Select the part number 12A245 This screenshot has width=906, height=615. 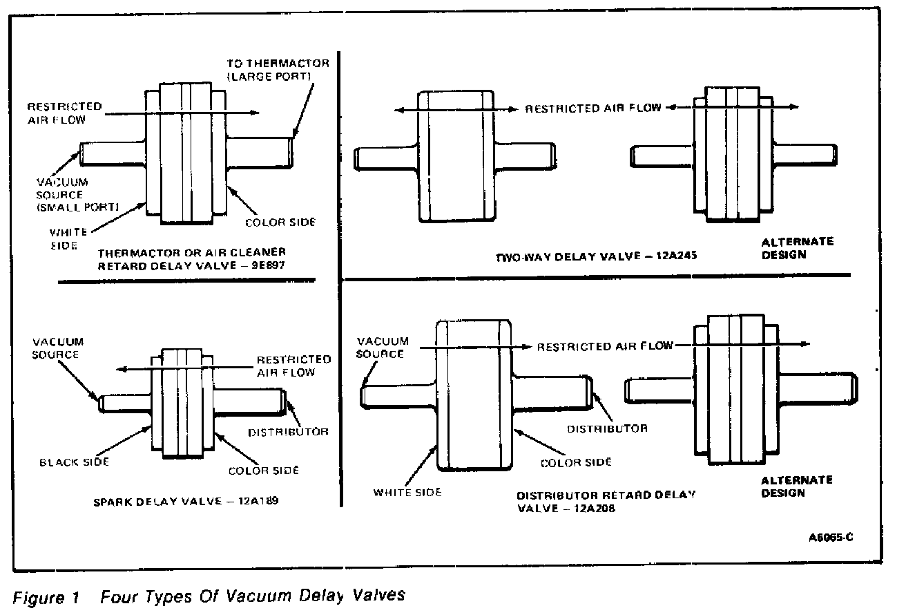[x=676, y=256]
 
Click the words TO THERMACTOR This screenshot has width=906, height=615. [x=278, y=63]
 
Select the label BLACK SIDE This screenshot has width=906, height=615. [x=74, y=462]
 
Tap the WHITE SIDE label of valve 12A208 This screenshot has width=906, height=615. [x=407, y=492]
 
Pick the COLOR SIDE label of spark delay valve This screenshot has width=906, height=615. [x=264, y=470]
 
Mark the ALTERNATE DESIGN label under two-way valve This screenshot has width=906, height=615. [x=787, y=248]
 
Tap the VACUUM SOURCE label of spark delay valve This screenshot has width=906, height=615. [x=58, y=348]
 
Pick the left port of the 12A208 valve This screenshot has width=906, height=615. [x=399, y=395]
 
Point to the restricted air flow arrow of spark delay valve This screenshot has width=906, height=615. [x=180, y=370]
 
